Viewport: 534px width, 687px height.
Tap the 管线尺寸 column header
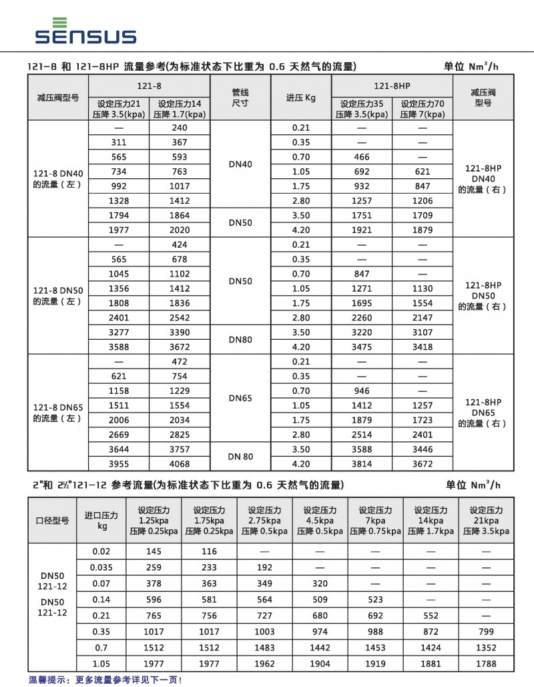click(x=240, y=97)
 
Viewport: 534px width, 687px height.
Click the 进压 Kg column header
click(x=301, y=97)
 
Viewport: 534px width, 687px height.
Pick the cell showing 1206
click(x=422, y=201)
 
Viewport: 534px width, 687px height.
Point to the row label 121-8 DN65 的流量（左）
click(x=57, y=413)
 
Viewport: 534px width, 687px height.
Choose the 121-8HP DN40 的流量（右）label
click(x=482, y=178)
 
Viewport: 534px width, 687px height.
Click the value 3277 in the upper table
click(x=119, y=332)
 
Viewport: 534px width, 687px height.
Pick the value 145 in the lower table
click(x=154, y=551)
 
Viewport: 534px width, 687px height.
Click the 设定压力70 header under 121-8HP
click(x=422, y=109)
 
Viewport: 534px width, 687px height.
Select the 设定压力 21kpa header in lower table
click(x=486, y=520)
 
